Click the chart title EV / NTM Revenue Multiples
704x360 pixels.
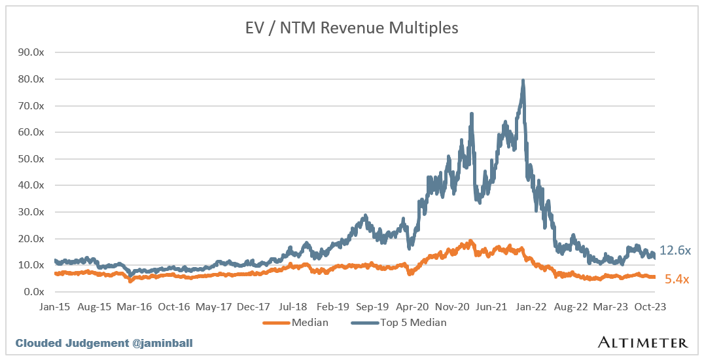click(352, 27)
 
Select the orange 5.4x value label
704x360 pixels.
click(677, 279)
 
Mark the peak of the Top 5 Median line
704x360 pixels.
click(523, 81)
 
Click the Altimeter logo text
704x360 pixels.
click(642, 342)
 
